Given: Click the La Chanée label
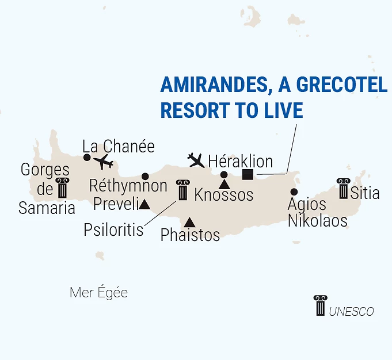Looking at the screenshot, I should (x=119, y=147).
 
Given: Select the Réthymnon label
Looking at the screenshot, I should (x=128, y=186).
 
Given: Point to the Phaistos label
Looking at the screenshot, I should (x=190, y=235).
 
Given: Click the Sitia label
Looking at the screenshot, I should (x=365, y=192).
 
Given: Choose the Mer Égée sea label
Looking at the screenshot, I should (x=98, y=293).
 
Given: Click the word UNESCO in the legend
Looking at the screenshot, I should (x=351, y=312).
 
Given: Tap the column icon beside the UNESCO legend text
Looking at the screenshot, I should (x=320, y=305).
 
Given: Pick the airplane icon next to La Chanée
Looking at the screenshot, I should (x=104, y=162).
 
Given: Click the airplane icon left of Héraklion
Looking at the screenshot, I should (x=196, y=159).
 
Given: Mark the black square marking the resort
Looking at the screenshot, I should (x=248, y=174).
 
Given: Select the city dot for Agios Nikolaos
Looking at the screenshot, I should (x=294, y=192).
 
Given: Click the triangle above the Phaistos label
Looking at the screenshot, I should (x=189, y=222).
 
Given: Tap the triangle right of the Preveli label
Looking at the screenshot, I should (x=144, y=204).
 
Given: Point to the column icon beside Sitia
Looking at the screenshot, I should (x=344, y=189).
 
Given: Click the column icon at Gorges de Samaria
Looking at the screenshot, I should (x=62, y=188).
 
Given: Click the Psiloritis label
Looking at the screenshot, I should (x=113, y=230).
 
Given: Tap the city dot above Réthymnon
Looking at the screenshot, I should (x=145, y=176).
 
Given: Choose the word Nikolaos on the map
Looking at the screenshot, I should (x=318, y=220).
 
